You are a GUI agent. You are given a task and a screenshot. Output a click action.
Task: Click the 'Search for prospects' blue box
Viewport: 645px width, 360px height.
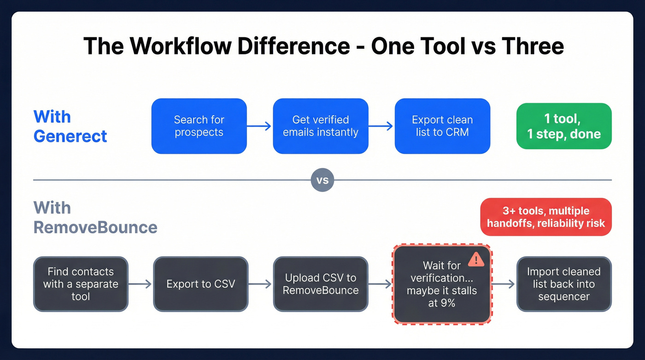tap(199, 126)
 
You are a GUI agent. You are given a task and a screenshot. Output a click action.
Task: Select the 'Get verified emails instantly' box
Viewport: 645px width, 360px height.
tap(321, 126)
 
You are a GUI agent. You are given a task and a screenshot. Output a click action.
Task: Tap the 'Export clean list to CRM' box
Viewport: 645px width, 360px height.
tap(442, 126)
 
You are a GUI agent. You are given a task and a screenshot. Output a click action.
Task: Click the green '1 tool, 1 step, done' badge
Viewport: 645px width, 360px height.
tap(564, 126)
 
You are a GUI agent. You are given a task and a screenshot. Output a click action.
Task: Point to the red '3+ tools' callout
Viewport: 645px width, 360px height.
tap(545, 217)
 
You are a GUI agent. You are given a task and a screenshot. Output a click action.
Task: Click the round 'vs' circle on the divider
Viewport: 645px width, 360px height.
tap(322, 180)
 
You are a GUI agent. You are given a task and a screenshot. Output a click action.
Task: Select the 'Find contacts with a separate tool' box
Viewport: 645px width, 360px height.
tap(81, 284)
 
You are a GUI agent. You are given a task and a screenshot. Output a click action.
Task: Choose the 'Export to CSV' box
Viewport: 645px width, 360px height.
tap(201, 284)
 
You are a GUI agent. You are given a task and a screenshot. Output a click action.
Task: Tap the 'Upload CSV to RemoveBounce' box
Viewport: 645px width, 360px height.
tap(321, 284)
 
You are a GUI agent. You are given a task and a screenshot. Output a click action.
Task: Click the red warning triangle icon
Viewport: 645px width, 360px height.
tap(476, 260)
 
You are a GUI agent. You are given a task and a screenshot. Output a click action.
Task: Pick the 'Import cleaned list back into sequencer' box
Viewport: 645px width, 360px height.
tap(564, 284)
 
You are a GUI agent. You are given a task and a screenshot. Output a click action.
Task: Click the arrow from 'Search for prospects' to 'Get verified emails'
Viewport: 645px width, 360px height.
tap(259, 126)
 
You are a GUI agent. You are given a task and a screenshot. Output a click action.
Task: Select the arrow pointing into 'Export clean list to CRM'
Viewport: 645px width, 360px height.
tap(381, 126)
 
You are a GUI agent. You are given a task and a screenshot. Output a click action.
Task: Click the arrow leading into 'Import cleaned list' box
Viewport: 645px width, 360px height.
tap(503, 284)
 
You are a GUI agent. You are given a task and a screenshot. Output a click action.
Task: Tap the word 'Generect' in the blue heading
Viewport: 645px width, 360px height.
tap(70, 136)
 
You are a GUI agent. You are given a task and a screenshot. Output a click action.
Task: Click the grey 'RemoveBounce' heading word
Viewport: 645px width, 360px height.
tap(95, 227)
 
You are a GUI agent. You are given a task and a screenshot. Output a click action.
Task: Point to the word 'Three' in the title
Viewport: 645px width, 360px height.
tap(533, 47)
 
